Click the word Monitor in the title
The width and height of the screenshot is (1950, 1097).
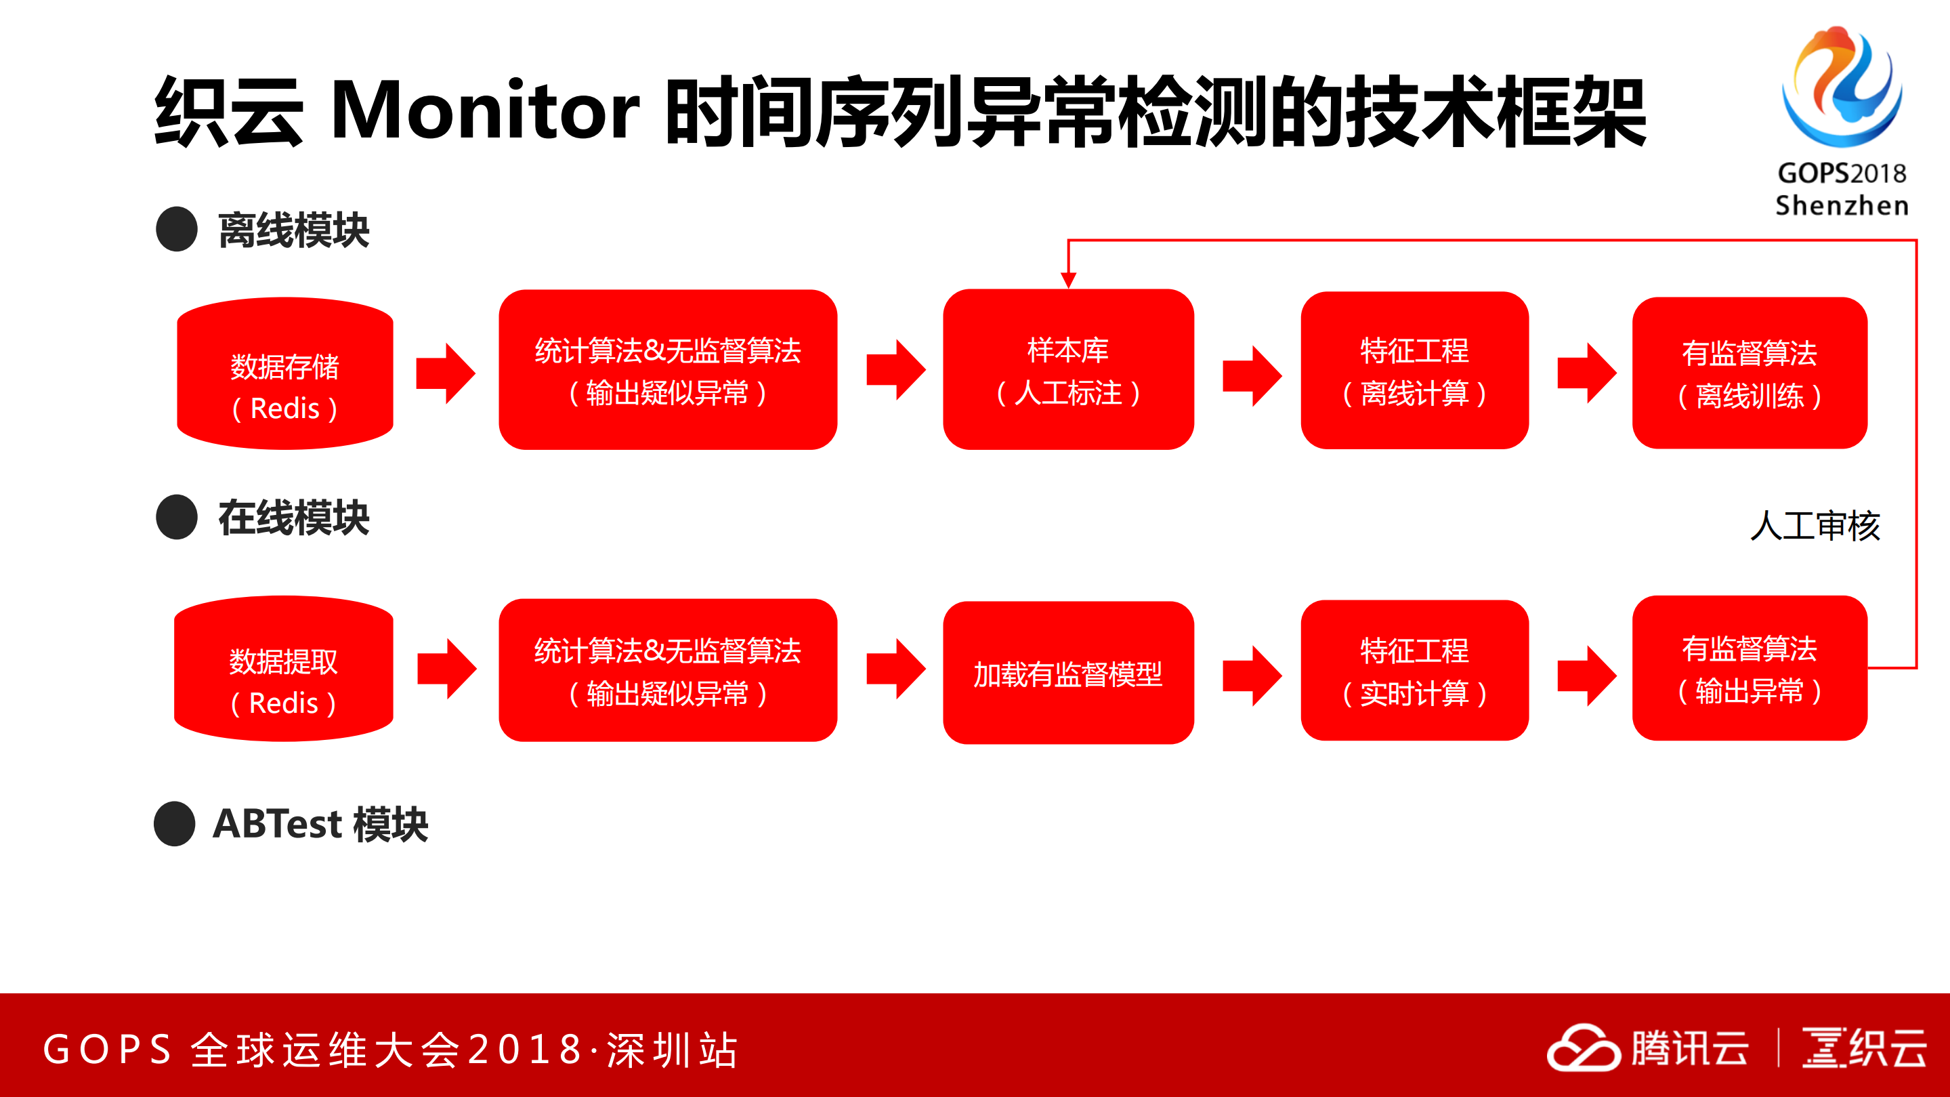point(484,111)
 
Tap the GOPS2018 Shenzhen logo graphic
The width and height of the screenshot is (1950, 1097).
point(1841,87)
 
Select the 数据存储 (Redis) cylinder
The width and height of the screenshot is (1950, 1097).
point(284,373)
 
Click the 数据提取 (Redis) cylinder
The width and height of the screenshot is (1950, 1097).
point(283,669)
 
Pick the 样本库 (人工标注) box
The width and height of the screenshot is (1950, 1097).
point(1068,369)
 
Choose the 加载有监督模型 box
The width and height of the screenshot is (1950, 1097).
point(1068,673)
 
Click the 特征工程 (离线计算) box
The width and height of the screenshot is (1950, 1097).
point(1414,370)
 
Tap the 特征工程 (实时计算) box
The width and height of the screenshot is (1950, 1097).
point(1414,671)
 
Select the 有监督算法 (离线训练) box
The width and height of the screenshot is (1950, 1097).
point(1750,373)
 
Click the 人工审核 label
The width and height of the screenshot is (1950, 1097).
point(1815,525)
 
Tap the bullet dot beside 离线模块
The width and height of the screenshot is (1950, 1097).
point(176,230)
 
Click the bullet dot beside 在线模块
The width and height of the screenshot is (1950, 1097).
point(176,517)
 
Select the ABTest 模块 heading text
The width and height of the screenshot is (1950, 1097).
point(320,824)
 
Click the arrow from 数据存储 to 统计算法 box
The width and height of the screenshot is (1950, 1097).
point(446,373)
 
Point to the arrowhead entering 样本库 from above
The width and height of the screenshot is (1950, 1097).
point(1068,280)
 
